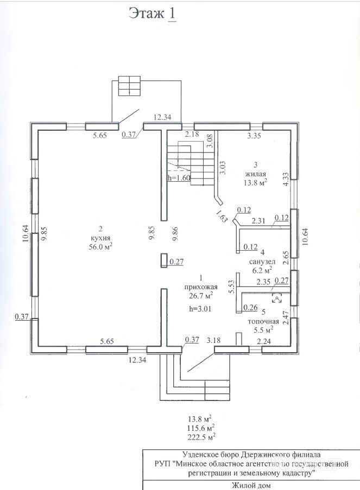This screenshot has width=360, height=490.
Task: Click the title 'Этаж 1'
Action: pyautogui.click(x=153, y=14)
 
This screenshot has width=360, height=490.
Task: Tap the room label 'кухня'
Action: pyautogui.click(x=100, y=238)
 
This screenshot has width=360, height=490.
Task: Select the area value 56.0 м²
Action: pyautogui.click(x=100, y=246)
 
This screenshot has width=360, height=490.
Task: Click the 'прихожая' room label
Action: pyautogui.click(x=201, y=287)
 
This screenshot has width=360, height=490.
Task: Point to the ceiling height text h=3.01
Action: pyautogui.click(x=200, y=309)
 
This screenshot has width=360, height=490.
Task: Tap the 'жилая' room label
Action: pyautogui.click(x=256, y=174)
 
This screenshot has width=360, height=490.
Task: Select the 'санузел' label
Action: pyautogui.click(x=262, y=262)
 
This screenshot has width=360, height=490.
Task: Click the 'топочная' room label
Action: pyautogui.click(x=263, y=322)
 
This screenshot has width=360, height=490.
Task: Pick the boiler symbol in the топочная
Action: pyautogui.click(x=277, y=298)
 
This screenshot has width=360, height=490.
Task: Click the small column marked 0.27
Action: pyautogui.click(x=164, y=260)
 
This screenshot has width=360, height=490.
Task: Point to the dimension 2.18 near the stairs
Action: pyautogui.click(x=192, y=135)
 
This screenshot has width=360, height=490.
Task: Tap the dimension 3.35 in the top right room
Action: pyautogui.click(x=254, y=136)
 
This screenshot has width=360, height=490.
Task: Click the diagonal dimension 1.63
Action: pyautogui.click(x=221, y=215)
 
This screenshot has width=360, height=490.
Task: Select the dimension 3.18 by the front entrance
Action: pyautogui.click(x=213, y=340)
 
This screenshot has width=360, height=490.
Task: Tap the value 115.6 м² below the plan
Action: pyautogui.click(x=201, y=428)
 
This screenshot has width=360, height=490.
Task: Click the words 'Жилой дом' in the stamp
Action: pyautogui.click(x=251, y=485)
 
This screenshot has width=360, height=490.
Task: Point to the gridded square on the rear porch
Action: pyautogui.click(x=129, y=86)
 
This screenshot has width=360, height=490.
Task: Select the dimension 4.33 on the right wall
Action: pyautogui.click(x=286, y=180)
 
